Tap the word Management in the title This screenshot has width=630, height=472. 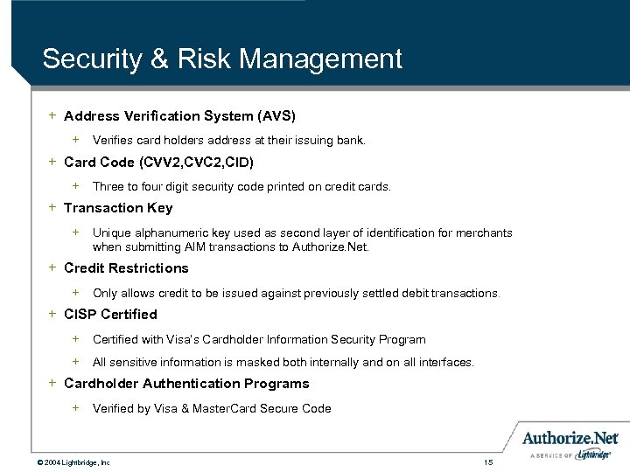[319, 59]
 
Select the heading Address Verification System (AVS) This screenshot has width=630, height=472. [179, 115]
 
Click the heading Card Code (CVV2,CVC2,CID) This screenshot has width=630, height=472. [159, 162]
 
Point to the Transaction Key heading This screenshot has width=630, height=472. [118, 208]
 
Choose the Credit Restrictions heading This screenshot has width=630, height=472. [126, 268]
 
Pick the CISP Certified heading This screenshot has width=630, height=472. [110, 315]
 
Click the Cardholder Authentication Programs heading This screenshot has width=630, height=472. [186, 384]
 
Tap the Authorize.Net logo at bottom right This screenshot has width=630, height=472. [570, 438]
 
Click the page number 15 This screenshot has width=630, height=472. [488, 462]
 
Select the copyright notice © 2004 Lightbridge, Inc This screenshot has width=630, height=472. [73, 462]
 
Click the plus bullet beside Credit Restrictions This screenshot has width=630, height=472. [52, 267]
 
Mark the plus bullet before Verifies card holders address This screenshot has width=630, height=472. [76, 139]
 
